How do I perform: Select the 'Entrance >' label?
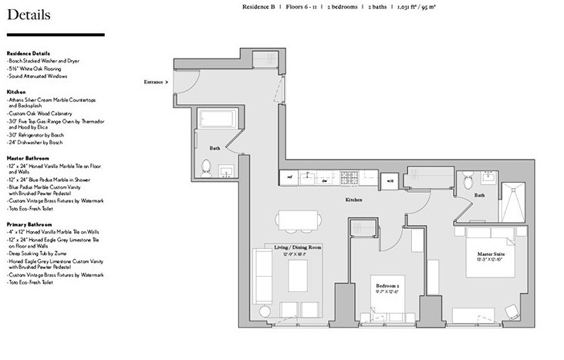[x=156, y=81]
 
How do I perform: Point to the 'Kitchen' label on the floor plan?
[x=353, y=200]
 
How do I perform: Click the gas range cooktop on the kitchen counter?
[x=350, y=179]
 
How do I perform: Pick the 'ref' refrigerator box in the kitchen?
[x=290, y=179]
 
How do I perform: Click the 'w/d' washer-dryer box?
[x=390, y=181]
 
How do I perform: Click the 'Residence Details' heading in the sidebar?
[x=28, y=52]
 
